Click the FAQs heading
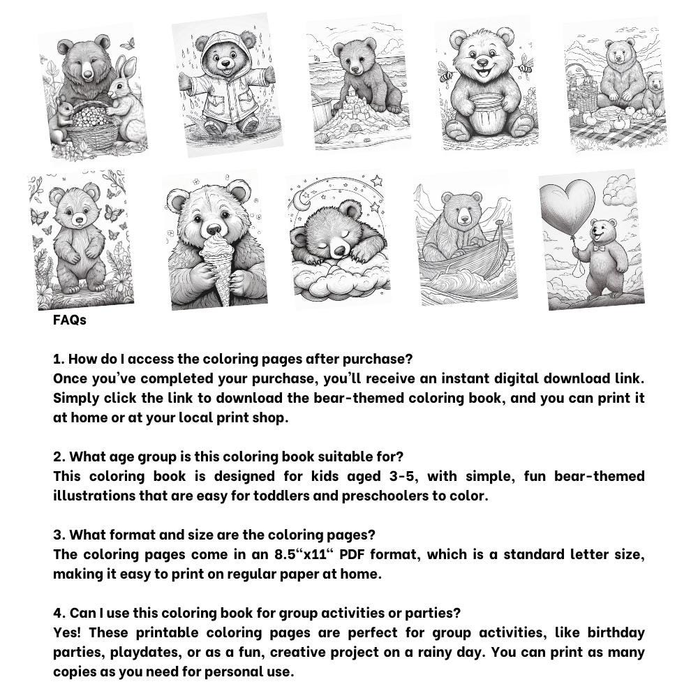70,320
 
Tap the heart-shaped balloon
567,206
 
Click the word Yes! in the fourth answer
68,633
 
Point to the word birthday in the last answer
616,633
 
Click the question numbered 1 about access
233,359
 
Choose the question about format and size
214,535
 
